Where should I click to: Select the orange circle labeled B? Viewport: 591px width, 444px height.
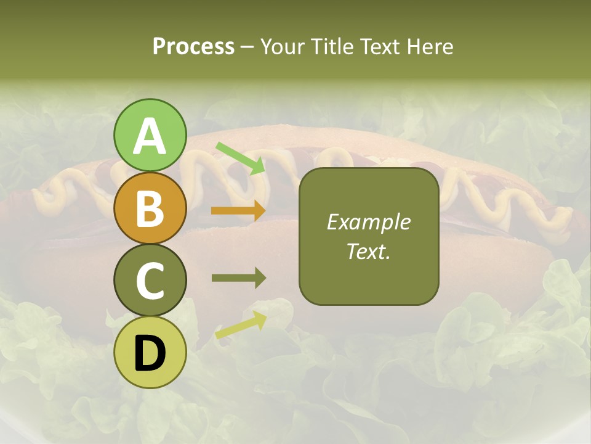[150, 208]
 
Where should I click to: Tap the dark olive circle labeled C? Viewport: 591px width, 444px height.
[150, 280]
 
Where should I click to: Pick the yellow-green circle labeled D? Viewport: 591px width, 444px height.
[150, 352]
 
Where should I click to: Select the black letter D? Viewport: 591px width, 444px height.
[150, 353]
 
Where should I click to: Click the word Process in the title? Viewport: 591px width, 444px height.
[193, 46]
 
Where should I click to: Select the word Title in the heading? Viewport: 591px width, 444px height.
[331, 46]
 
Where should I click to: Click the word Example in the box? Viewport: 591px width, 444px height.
[368, 223]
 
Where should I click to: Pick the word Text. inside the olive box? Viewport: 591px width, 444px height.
[368, 251]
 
